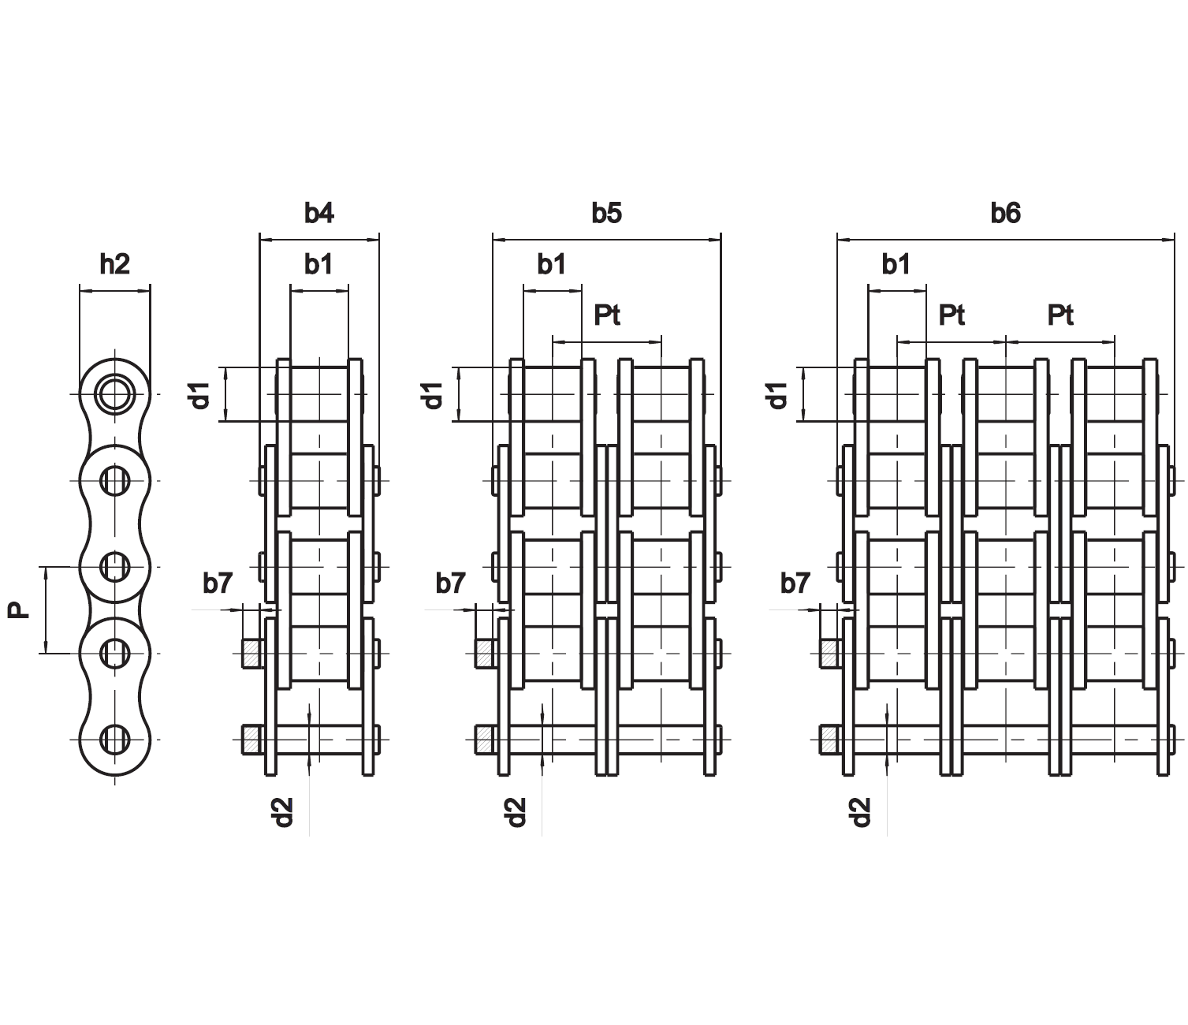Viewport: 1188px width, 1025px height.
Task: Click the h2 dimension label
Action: [x=114, y=264]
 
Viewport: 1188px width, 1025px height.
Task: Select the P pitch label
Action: [x=18, y=609]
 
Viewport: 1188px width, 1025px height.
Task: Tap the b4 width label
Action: [x=318, y=213]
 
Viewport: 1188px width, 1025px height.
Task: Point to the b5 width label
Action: [x=606, y=213]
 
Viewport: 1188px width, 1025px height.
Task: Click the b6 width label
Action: [x=1005, y=213]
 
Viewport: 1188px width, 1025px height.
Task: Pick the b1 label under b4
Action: [x=318, y=265]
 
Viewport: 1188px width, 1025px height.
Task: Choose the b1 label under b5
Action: [x=551, y=265]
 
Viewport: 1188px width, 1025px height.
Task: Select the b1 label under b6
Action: [x=896, y=265]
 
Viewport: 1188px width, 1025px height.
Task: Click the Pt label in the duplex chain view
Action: [x=606, y=315]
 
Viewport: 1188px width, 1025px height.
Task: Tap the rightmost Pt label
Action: [x=1060, y=315]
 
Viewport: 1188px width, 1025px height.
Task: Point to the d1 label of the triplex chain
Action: [x=777, y=394]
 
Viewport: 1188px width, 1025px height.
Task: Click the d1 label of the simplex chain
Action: [x=201, y=394]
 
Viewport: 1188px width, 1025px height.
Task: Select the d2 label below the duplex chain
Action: [x=516, y=812]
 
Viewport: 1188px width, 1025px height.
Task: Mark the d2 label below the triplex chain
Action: [x=860, y=812]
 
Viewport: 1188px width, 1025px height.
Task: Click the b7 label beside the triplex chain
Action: [x=795, y=583]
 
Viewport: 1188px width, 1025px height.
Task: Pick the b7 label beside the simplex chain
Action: [x=218, y=583]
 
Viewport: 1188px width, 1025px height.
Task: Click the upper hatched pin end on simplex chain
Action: [x=251, y=653]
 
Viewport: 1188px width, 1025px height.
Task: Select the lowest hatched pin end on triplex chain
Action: [x=829, y=739]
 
